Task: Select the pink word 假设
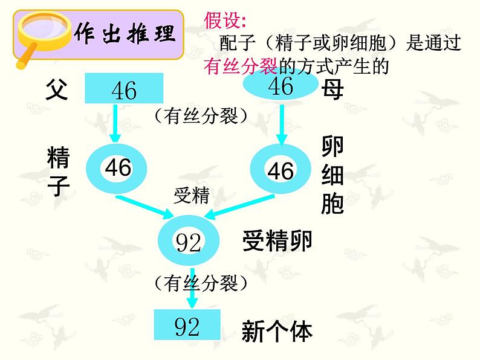tap(225, 21)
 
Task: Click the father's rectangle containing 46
tap(124, 89)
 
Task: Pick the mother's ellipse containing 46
tap(280, 86)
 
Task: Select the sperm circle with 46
tap(117, 168)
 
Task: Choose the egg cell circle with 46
tap(280, 170)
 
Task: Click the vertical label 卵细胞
tap(332, 175)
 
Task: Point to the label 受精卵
tap(277, 242)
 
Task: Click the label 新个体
tap(277, 331)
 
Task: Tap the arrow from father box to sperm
tap(115, 124)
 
